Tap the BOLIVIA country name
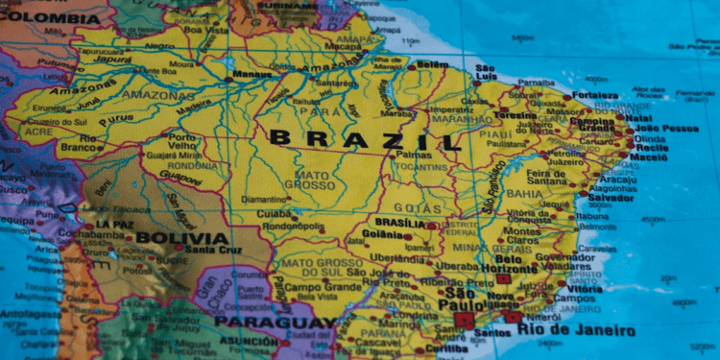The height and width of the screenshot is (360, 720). (182, 238)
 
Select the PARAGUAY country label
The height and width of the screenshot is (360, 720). (275, 321)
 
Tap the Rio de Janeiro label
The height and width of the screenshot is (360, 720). (576, 330)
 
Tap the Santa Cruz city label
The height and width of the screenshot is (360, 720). (213, 251)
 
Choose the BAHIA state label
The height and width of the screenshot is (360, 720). (525, 193)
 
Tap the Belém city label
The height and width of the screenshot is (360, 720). (433, 65)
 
